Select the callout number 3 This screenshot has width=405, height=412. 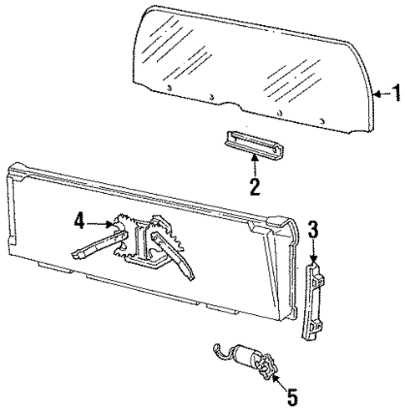(312, 228)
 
